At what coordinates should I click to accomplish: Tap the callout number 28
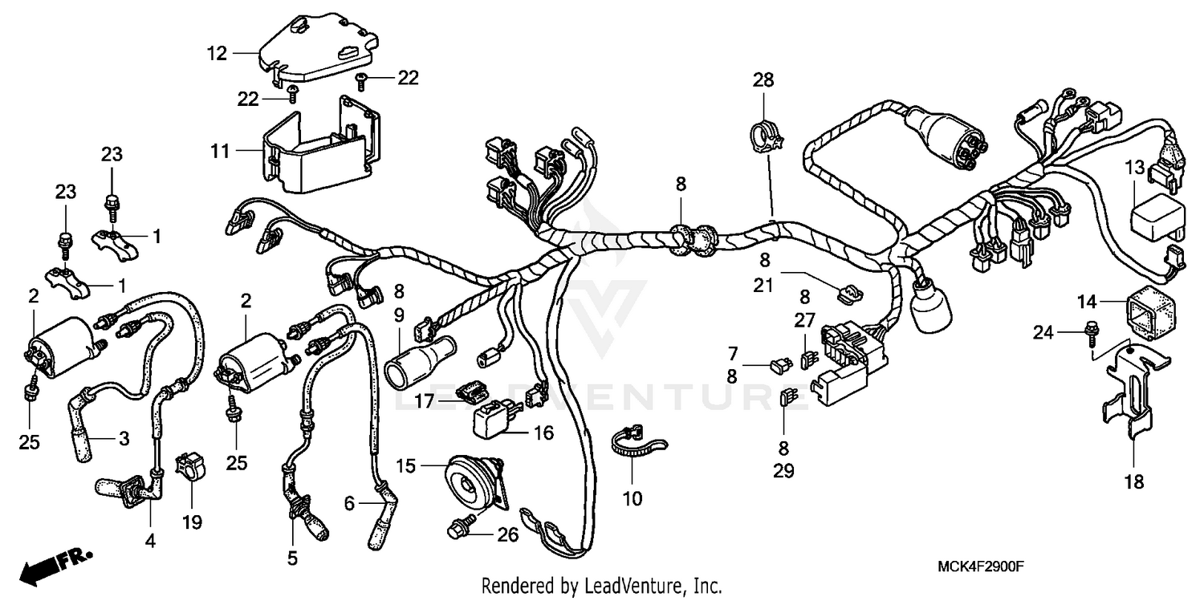[763, 79]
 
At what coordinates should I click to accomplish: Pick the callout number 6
[349, 503]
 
